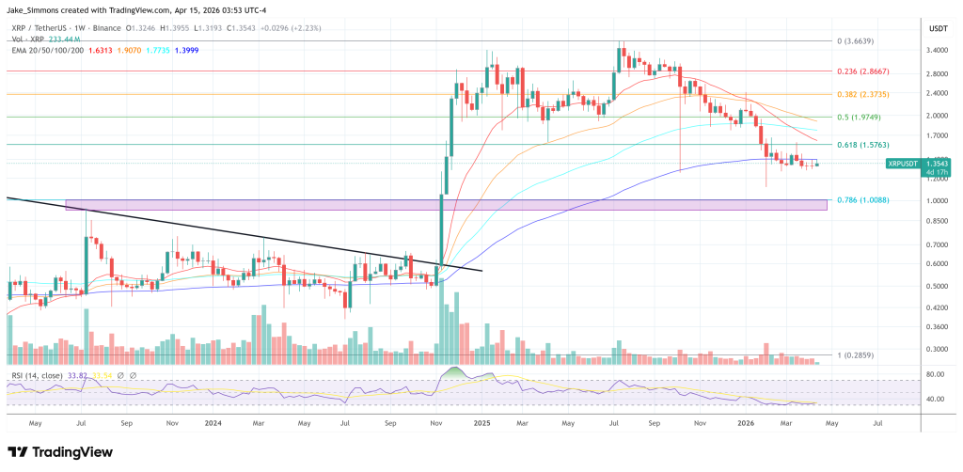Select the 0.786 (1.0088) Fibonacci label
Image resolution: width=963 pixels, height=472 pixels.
[x=863, y=199]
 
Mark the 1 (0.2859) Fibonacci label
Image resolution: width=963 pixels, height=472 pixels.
[x=858, y=356]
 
